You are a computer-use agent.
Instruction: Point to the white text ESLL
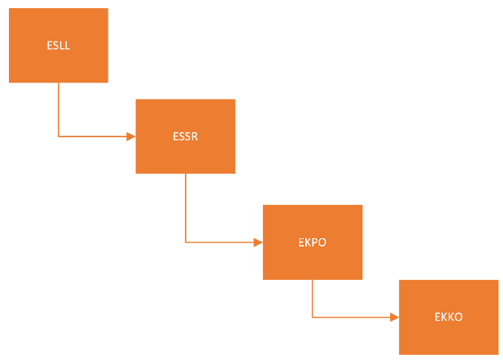[x=58, y=45]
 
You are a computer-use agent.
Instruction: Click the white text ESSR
[x=185, y=137]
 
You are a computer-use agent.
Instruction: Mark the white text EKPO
[x=313, y=243]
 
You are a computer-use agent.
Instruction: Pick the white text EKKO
[x=449, y=317]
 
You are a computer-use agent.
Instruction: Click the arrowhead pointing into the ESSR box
[x=131, y=137]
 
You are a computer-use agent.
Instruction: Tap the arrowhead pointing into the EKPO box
[x=259, y=242]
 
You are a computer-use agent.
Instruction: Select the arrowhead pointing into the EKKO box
[x=395, y=317]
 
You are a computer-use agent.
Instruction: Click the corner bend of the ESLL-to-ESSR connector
[x=59, y=137]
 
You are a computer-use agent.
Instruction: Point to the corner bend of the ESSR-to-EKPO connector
[x=186, y=242]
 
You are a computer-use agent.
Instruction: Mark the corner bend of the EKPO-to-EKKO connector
[x=313, y=317]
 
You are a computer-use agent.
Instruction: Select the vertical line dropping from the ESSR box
[x=186, y=208]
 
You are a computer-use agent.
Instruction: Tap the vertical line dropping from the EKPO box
[x=313, y=298]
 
